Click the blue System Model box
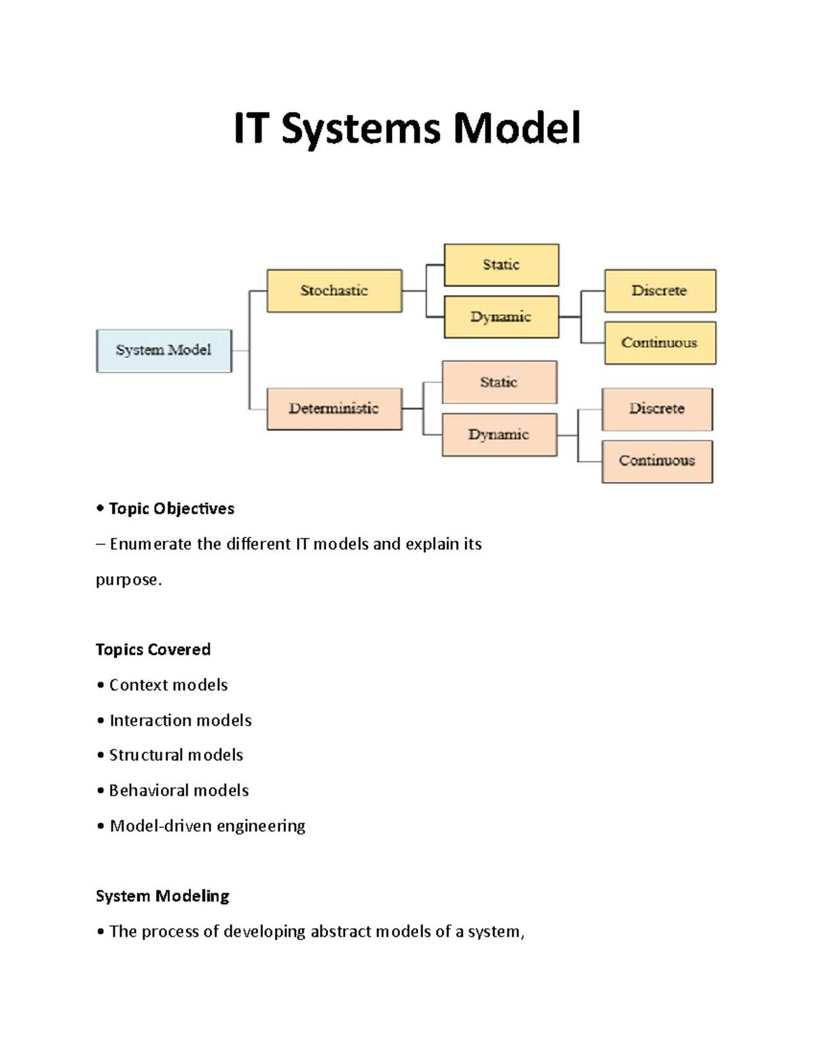(x=164, y=351)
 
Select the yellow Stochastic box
(x=334, y=291)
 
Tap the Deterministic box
(x=334, y=409)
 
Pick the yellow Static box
(x=501, y=265)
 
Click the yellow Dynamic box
(x=501, y=317)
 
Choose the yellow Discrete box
(x=659, y=291)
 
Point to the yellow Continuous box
(x=659, y=343)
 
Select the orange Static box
(x=499, y=382)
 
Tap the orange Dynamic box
(x=499, y=435)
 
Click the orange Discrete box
(x=657, y=409)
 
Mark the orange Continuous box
(x=657, y=461)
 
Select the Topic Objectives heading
(x=171, y=509)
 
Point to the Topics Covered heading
(x=153, y=649)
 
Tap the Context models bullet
(x=168, y=685)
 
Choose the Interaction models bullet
(x=180, y=720)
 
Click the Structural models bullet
(x=176, y=755)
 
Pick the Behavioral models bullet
(x=179, y=790)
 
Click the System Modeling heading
(x=162, y=896)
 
